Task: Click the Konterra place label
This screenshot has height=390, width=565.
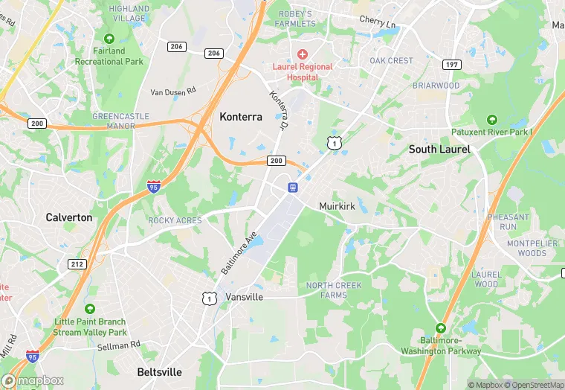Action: (241, 117)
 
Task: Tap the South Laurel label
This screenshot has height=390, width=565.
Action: (439, 150)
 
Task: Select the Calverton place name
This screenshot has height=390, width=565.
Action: (69, 217)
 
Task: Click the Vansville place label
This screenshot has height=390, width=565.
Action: (244, 296)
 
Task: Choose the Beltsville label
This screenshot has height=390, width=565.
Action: (160, 371)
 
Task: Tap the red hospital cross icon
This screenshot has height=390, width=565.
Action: (302, 54)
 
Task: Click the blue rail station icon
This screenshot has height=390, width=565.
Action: (293, 186)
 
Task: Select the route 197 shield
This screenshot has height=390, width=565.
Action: (451, 65)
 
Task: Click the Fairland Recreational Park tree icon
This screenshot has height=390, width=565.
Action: (109, 38)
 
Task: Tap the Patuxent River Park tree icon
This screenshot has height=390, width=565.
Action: (491, 119)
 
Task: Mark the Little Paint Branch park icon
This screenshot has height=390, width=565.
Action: (90, 309)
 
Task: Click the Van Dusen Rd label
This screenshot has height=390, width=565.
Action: (172, 92)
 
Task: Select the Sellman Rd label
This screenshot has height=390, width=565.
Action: (119, 345)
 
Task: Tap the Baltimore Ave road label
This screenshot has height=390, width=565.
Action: (239, 252)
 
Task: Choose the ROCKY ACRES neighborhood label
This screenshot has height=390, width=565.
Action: (175, 220)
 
